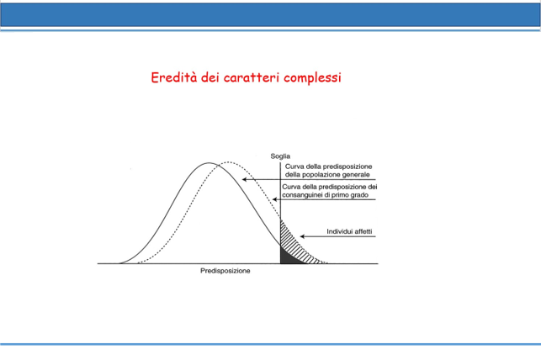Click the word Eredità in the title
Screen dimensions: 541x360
174,77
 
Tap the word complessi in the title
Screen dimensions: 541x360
313,78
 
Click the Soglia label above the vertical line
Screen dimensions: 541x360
280,156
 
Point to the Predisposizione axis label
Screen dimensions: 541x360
225,271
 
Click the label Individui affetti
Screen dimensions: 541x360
349,231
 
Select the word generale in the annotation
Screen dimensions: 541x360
356,175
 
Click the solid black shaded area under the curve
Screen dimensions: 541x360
288,257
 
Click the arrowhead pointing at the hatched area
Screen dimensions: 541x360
302,236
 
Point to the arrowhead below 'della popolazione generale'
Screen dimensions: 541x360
244,179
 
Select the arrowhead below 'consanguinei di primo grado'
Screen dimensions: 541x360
274,199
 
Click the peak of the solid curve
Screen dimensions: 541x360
209,163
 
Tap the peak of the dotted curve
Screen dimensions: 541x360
226,161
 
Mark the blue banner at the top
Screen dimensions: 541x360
271,15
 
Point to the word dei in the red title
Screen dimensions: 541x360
210,77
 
